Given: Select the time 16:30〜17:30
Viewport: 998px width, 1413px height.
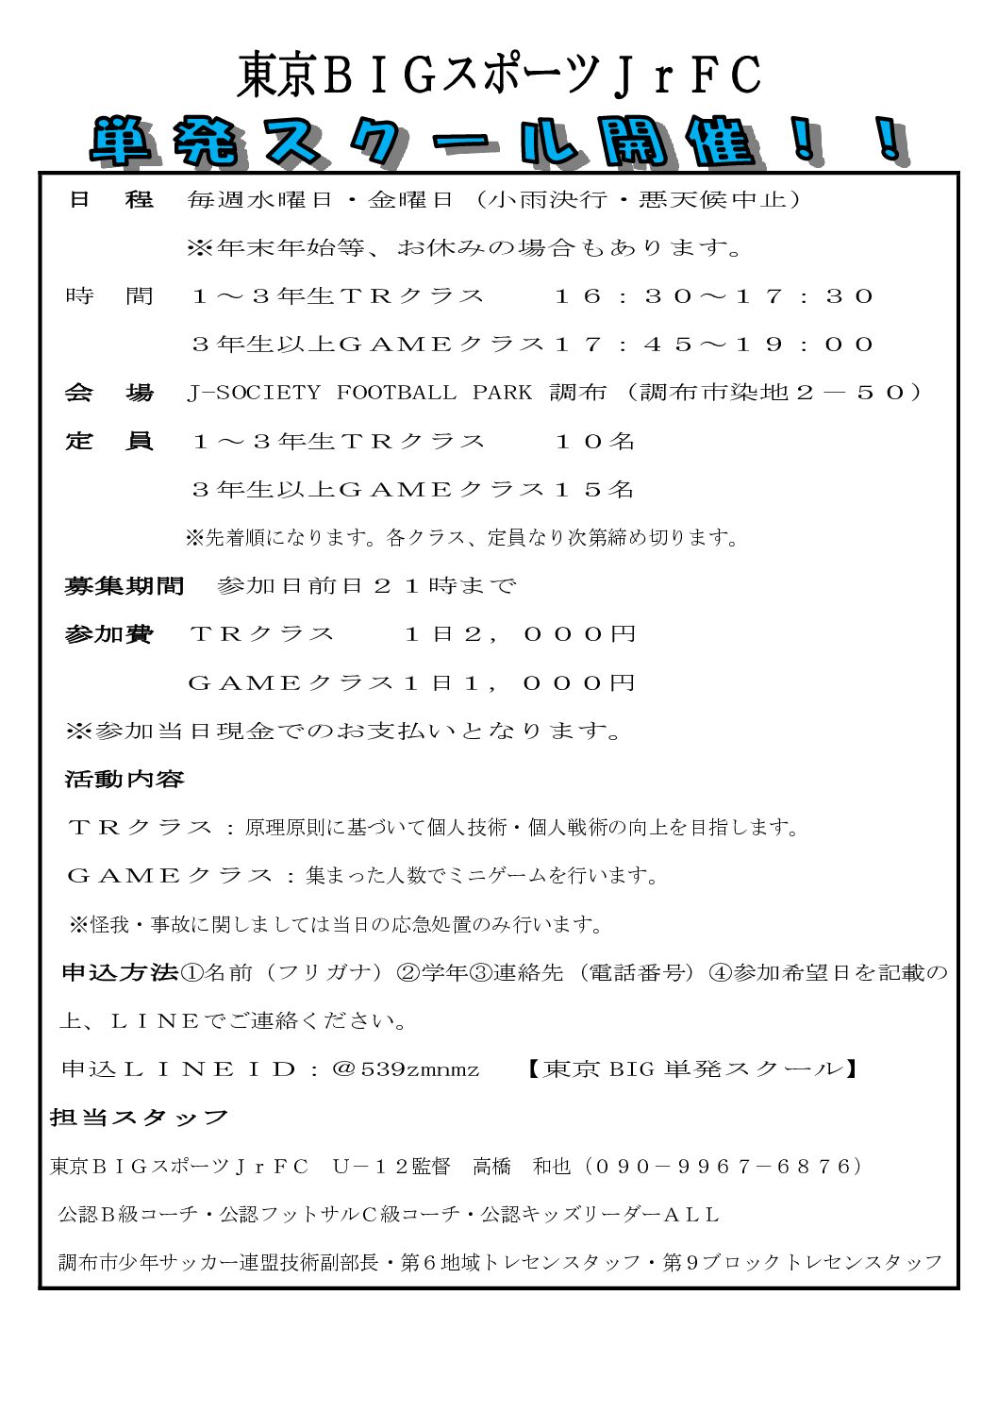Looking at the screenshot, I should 713,296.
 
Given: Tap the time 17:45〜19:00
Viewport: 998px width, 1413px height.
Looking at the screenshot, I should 713,345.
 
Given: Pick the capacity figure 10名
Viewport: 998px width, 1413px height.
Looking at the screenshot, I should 594,441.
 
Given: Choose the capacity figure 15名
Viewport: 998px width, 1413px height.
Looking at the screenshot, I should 594,489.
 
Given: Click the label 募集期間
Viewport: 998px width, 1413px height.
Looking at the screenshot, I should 124,586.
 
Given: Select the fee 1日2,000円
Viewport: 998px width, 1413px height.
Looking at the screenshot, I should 520,634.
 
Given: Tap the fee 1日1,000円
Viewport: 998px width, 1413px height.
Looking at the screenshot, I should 520,682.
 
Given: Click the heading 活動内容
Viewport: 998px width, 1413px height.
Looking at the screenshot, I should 124,780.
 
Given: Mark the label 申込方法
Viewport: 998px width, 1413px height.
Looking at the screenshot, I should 120,972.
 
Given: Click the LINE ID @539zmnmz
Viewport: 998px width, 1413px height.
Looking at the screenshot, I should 406,1069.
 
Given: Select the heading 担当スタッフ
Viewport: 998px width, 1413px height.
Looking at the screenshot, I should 139,1119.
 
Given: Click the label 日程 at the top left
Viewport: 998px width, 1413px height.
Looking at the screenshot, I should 110,199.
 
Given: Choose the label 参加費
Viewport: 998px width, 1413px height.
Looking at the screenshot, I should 108,634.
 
